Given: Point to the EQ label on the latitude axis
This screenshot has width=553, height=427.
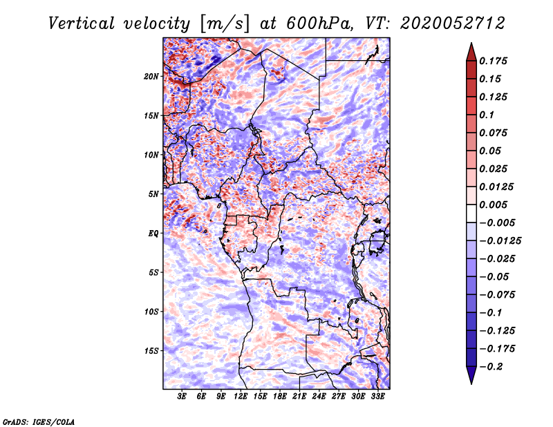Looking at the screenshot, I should (153, 234).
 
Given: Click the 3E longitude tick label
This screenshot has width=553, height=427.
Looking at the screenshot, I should (182, 397).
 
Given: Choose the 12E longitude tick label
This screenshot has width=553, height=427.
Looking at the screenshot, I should (241, 397).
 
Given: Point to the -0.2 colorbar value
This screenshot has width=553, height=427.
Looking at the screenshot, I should (494, 367).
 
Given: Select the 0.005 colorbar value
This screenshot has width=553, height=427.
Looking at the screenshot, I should (496, 205).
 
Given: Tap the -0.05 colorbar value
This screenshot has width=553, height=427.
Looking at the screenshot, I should (496, 277).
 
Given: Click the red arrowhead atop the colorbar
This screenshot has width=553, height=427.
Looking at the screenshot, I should (471, 50).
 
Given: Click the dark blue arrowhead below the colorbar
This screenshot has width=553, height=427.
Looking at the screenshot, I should (471, 376).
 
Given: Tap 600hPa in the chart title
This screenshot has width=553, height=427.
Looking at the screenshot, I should (310, 23).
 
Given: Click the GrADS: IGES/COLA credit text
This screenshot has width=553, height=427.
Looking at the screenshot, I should (38, 421).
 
